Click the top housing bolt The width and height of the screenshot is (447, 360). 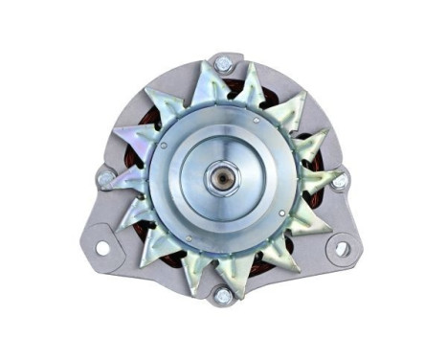tap(223, 65)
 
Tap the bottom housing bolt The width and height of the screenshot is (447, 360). tap(222, 296)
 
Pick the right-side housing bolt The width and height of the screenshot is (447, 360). tap(339, 179)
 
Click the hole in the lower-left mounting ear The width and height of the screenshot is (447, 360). tap(102, 248)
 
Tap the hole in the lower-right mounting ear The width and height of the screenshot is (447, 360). tap(342, 249)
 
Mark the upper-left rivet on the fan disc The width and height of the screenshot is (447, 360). tap(165, 146)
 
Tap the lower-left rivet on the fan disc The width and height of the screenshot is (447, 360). tap(188, 236)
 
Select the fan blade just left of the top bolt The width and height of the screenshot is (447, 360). tap(198, 79)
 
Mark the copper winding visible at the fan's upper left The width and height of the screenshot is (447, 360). tap(148, 120)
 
